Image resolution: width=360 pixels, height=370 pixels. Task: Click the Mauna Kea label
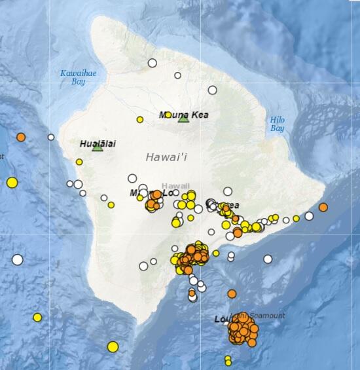[x=184, y=115]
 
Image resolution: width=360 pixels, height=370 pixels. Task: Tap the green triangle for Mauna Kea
[x=183, y=119]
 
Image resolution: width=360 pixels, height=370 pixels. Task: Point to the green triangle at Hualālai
[x=98, y=147]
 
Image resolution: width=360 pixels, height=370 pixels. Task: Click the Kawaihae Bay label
[x=78, y=77]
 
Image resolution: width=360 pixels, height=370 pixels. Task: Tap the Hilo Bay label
[x=278, y=124]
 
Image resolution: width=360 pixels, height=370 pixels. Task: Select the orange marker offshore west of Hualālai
[x=21, y=138]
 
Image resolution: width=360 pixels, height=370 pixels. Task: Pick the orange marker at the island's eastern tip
[x=323, y=207]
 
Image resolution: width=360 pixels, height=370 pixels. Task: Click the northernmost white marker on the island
[x=153, y=63]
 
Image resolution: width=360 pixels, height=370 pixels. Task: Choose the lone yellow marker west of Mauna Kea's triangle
[x=140, y=119]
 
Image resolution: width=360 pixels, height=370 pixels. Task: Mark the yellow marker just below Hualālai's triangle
[x=79, y=162]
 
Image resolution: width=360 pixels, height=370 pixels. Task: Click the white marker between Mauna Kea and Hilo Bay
[x=213, y=90]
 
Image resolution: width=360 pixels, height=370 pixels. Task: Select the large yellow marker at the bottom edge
[x=113, y=346]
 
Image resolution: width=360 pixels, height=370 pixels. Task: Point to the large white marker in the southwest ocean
[x=18, y=259]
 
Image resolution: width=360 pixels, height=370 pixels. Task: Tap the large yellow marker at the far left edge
[x=12, y=183]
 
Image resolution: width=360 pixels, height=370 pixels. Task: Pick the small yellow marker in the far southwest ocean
[x=37, y=318]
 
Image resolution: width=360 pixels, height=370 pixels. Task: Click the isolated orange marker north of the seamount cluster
[x=232, y=294]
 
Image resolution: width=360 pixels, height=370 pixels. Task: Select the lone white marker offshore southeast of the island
[x=268, y=259]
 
